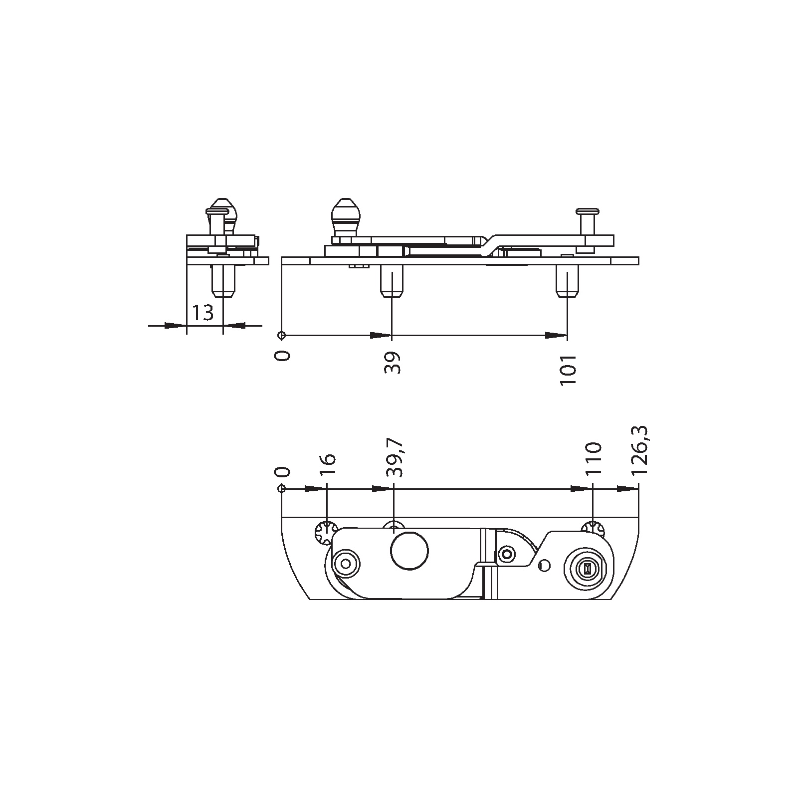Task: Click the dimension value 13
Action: [x=203, y=313]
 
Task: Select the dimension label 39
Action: [x=393, y=363]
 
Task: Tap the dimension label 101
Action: [x=569, y=370]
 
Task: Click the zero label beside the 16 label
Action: [x=282, y=472]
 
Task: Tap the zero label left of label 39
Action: [x=282, y=356]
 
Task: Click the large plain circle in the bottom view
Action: [x=409, y=551]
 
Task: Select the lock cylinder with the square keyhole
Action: [x=587, y=569]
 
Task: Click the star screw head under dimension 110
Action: [x=593, y=529]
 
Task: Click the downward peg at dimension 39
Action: [x=392, y=281]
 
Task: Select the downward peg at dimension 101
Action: [x=568, y=281]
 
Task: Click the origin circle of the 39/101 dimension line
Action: [x=282, y=335]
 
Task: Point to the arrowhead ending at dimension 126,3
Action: [x=628, y=489]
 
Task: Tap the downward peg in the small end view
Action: [x=223, y=281]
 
